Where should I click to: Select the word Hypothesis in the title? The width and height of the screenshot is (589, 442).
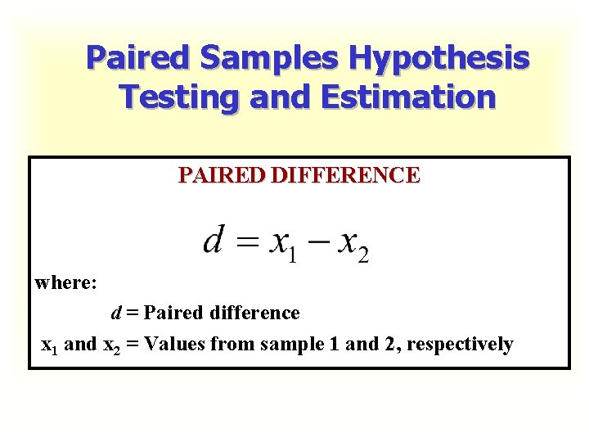(x=439, y=58)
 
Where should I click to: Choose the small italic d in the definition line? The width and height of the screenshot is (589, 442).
(x=117, y=313)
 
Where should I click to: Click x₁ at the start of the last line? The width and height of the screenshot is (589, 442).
(x=50, y=345)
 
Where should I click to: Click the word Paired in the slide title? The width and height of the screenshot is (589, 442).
(x=138, y=58)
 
